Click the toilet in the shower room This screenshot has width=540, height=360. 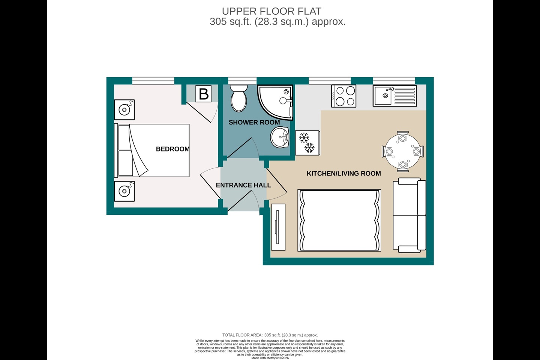[238, 98]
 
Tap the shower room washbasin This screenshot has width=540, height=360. [280, 137]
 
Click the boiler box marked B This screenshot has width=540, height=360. [204, 93]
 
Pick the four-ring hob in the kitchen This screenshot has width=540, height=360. [343, 96]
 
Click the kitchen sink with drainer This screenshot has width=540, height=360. [394, 96]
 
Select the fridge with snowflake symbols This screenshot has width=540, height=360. [307, 143]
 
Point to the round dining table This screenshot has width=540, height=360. [403, 151]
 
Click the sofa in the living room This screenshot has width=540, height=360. [409, 215]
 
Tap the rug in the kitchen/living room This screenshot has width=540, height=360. [339, 220]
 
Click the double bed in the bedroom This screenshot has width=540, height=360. [151, 150]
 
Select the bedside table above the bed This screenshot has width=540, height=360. [124, 110]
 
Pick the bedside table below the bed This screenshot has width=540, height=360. [124, 191]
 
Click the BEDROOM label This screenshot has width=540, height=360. [172, 149]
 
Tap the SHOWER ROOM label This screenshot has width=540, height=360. [254, 123]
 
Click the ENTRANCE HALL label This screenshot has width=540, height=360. [243, 185]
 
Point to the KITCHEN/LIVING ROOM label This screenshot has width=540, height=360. [344, 173]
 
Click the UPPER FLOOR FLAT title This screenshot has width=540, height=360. [271, 11]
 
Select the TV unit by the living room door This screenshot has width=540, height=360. [278, 227]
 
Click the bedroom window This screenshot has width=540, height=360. [153, 81]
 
